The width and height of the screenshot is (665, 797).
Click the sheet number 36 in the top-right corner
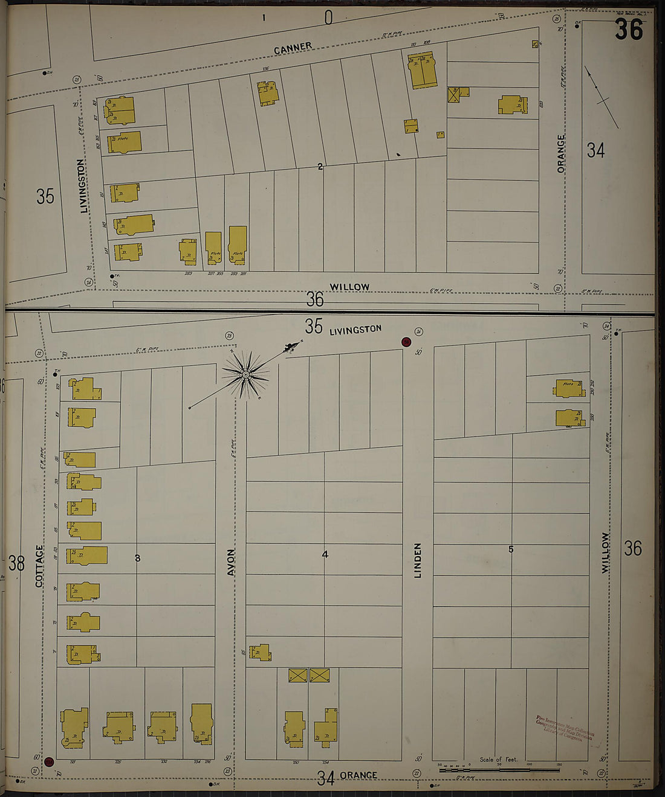tap(629, 29)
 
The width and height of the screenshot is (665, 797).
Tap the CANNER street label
tap(293, 48)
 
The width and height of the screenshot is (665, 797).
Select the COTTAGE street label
tap(40, 566)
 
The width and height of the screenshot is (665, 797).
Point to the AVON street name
tap(231, 562)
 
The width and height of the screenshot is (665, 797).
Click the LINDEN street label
tap(418, 560)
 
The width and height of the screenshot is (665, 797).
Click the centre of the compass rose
tap(246, 375)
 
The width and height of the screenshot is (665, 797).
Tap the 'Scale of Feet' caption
tap(499, 760)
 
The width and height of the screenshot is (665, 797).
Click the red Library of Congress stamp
tap(565, 729)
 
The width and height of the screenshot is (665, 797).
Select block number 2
tap(320, 167)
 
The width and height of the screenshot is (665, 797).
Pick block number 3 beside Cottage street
tap(137, 558)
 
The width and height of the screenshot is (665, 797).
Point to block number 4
tap(325, 554)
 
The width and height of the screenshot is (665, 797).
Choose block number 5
tap(511, 549)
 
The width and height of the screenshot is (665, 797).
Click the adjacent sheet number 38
tap(16, 563)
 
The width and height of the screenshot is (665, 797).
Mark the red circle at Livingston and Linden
tap(406, 342)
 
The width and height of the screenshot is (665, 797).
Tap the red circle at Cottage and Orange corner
tap(49, 762)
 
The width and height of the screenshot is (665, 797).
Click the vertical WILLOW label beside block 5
tap(605, 552)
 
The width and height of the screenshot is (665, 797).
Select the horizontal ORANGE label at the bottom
tap(358, 775)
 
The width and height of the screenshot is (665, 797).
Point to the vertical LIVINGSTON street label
tap(83, 186)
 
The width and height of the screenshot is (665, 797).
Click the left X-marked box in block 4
tap(297, 675)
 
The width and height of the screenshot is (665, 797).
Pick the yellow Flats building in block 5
tap(569, 388)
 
